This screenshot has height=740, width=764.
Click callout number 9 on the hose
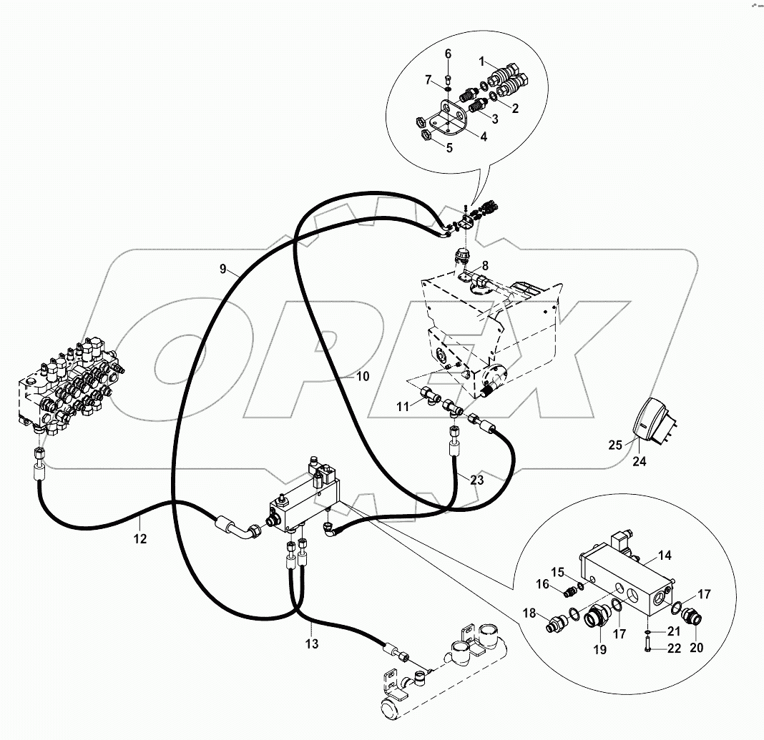click(223, 269)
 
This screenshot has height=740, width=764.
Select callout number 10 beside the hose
click(363, 376)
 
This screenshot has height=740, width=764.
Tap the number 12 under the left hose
click(140, 538)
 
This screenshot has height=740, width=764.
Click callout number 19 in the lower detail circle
click(599, 649)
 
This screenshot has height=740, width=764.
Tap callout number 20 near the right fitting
click(696, 648)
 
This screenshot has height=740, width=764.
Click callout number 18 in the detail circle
click(530, 613)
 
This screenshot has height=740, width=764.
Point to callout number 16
click(543, 584)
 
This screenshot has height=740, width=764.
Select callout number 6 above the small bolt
click(448, 54)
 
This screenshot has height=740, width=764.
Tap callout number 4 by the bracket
click(484, 137)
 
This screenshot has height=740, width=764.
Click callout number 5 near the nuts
click(449, 148)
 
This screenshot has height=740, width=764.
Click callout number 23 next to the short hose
click(476, 480)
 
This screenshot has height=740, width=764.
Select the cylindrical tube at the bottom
click(444, 679)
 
